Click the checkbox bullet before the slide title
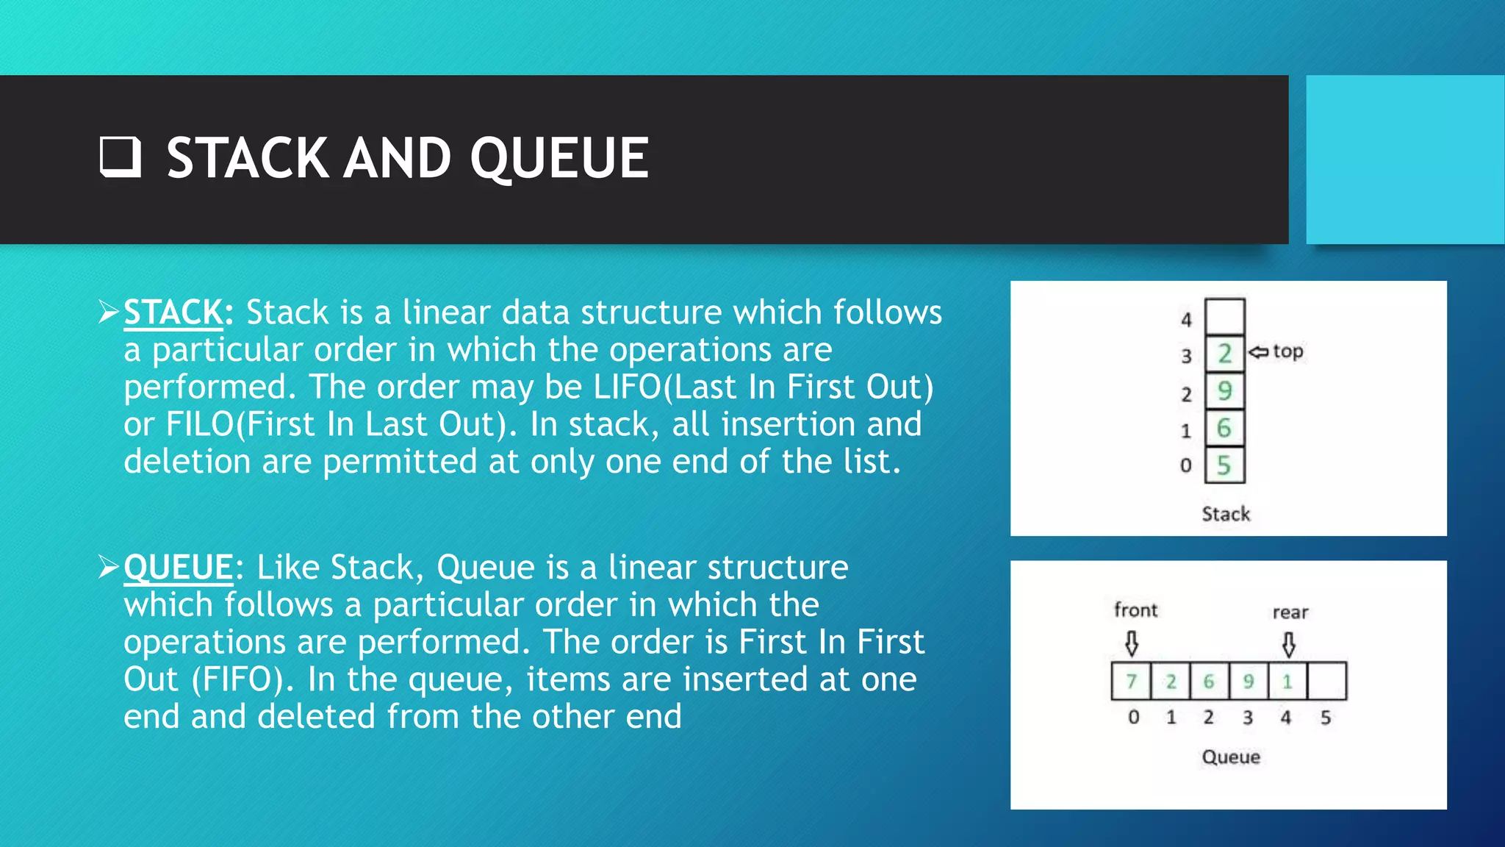pyautogui.click(x=120, y=157)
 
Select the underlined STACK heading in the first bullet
pyautogui.click(x=173, y=312)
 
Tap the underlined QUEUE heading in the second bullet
pyautogui.click(x=179, y=568)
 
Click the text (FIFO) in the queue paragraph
pyautogui.click(x=238, y=679)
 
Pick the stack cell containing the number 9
pyautogui.click(x=1224, y=390)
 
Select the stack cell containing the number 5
pyautogui.click(x=1224, y=465)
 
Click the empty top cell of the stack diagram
pyautogui.click(x=1224, y=316)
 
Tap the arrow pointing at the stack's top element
pyautogui.click(x=1258, y=352)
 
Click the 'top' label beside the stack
pyautogui.click(x=1288, y=351)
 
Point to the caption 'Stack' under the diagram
pyautogui.click(x=1226, y=514)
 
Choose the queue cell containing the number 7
pyautogui.click(x=1132, y=682)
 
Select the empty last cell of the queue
pyautogui.click(x=1327, y=682)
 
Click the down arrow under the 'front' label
pyautogui.click(x=1132, y=644)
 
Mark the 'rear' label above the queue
pyautogui.click(x=1290, y=612)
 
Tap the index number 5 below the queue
pyautogui.click(x=1326, y=718)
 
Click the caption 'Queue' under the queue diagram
pyautogui.click(x=1231, y=757)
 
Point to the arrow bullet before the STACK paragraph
pyautogui.click(x=109, y=312)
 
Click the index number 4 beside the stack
pyautogui.click(x=1186, y=320)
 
